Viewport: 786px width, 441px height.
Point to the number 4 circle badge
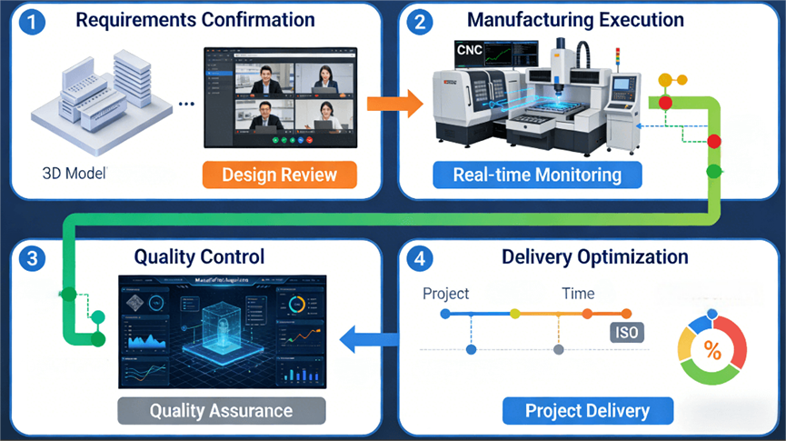click(x=419, y=259)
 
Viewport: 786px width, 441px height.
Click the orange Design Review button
click(x=279, y=175)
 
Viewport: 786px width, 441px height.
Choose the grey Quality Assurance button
click(x=222, y=411)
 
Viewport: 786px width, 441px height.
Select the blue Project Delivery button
click(x=588, y=411)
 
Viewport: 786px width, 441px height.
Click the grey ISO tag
click(x=627, y=333)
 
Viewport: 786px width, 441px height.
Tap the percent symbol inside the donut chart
click(x=712, y=351)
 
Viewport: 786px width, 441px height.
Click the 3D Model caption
click(x=75, y=172)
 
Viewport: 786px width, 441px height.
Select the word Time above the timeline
click(x=578, y=293)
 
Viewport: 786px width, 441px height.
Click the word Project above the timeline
click(x=446, y=293)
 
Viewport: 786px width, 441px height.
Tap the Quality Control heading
click(x=199, y=257)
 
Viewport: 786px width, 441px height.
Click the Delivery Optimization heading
click(x=595, y=257)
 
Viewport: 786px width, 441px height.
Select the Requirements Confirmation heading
click(x=195, y=20)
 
